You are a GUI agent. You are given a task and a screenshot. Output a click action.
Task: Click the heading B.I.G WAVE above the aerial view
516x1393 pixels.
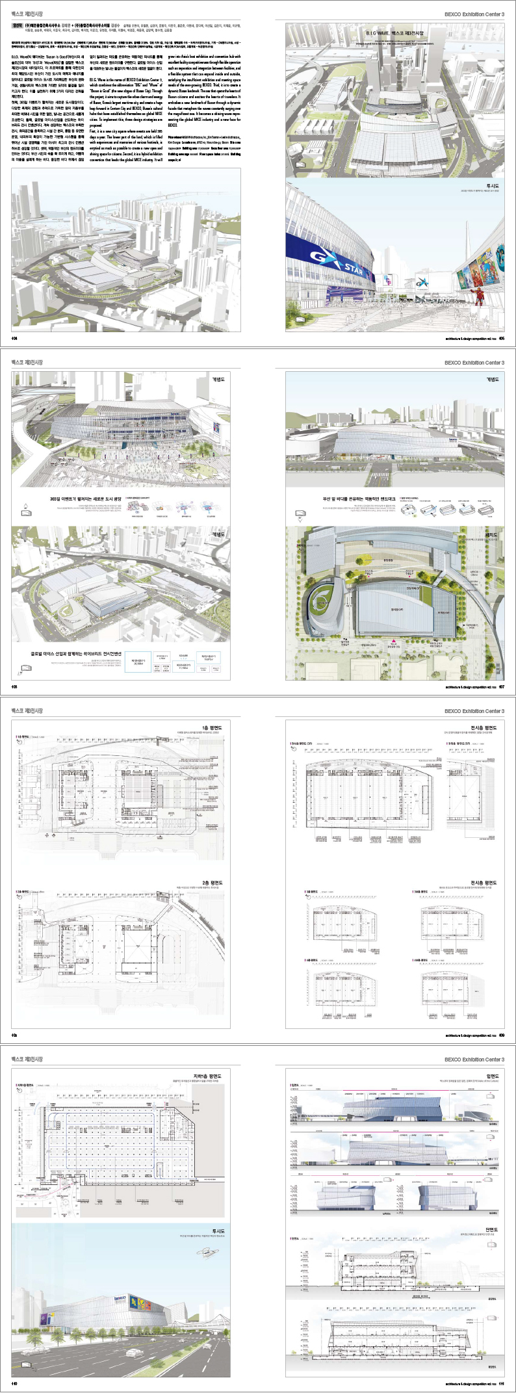(395, 33)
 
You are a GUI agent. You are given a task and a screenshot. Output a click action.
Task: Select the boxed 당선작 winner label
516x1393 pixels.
(18, 27)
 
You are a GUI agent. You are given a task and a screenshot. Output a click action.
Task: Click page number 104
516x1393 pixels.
(15, 338)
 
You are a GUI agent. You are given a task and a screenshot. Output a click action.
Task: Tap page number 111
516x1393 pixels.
(502, 1383)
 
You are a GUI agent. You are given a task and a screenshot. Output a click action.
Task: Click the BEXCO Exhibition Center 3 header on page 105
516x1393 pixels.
(474, 14)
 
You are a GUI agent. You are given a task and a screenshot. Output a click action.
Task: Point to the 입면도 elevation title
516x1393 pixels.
(491, 1076)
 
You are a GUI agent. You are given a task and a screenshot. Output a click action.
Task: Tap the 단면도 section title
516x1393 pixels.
(491, 1229)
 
